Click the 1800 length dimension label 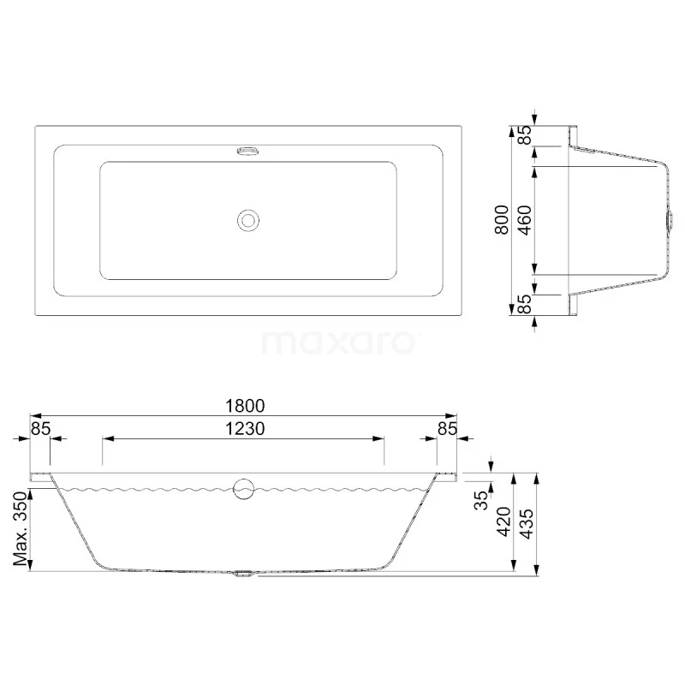point(245,406)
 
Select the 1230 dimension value point(245,429)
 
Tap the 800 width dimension point(502,220)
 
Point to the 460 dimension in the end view point(525,220)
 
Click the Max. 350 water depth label point(21,528)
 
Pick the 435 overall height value point(527,524)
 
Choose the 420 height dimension point(503,521)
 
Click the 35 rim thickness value point(481,500)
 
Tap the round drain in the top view point(248,220)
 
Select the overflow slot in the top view point(248,152)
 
